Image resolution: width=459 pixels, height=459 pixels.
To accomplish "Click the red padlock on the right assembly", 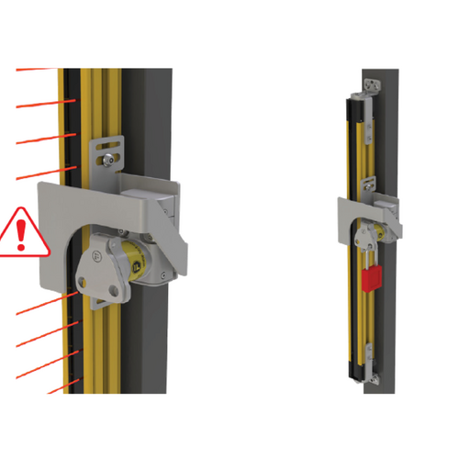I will point(372,277).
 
